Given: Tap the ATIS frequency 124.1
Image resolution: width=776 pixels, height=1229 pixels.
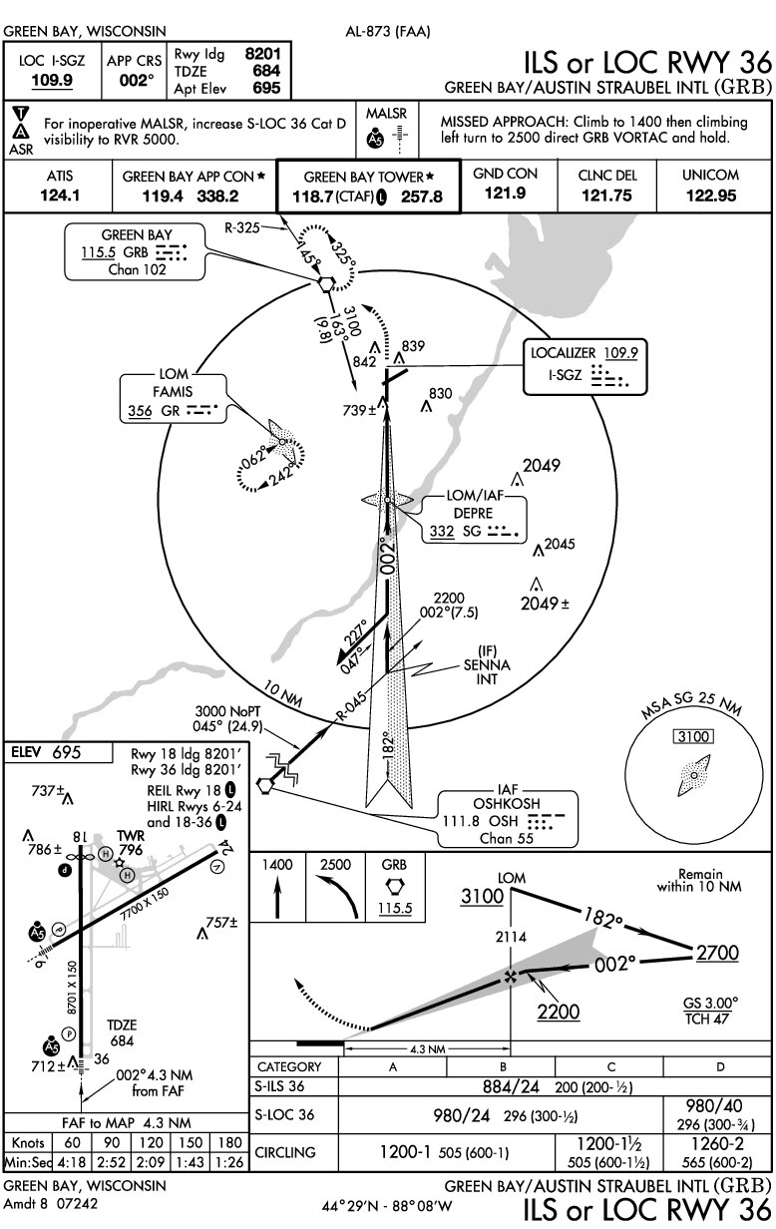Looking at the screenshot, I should point(60,196).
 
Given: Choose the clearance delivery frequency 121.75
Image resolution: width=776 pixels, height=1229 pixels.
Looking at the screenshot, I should point(606,196).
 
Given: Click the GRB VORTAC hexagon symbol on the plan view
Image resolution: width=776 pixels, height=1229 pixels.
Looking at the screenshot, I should point(325,282).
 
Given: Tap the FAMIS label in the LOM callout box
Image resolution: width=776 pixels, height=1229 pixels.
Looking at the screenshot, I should point(172,392).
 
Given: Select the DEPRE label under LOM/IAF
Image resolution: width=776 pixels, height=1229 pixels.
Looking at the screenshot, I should point(474,512).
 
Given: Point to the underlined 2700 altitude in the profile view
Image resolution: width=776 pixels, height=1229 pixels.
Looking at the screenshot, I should point(717,953).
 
